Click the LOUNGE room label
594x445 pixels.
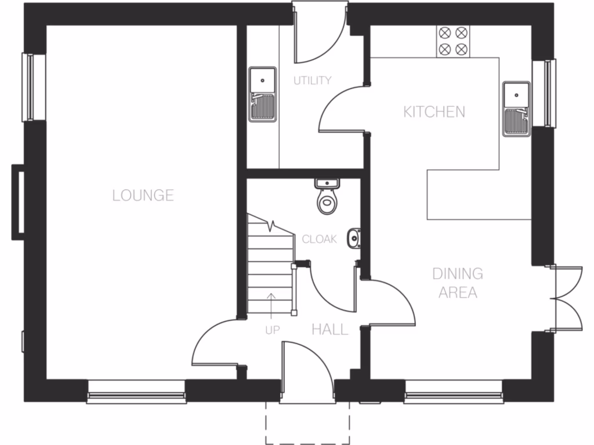point(143,195)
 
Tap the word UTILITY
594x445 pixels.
point(312,81)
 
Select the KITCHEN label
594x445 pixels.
point(434,112)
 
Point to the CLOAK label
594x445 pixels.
point(319,239)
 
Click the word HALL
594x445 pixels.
point(330,330)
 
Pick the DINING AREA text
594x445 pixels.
point(458,283)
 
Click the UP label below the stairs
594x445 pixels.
point(272,330)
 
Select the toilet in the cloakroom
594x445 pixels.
point(328,197)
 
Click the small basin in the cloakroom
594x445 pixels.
point(353,238)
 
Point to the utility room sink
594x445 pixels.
point(263,94)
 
